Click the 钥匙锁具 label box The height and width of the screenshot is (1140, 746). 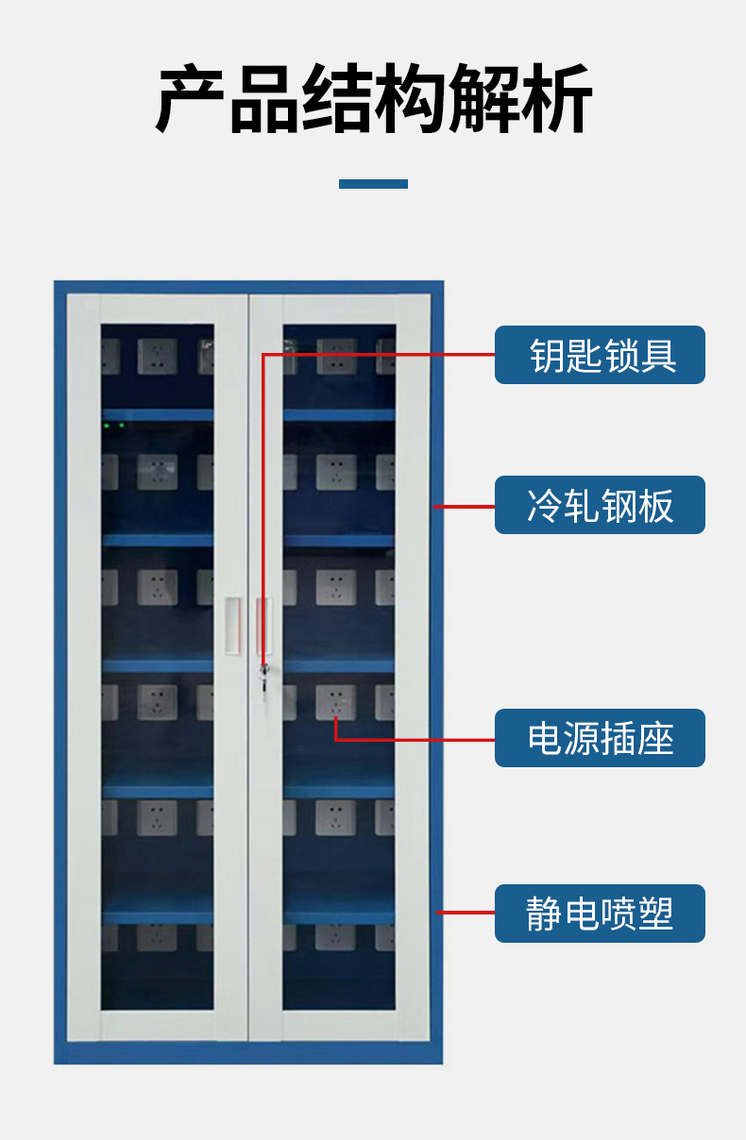[x=600, y=355]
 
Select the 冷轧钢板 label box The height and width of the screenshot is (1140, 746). [x=600, y=505]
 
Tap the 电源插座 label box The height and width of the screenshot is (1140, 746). [x=600, y=738]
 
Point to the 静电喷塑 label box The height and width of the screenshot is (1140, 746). [x=600, y=914]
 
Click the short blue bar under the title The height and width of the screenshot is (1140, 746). [x=373, y=184]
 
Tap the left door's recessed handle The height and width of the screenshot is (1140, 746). [x=233, y=626]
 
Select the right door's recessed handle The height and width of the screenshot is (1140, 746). [x=263, y=626]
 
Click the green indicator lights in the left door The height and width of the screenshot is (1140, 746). [x=114, y=425]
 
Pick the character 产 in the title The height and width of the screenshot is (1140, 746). [x=190, y=98]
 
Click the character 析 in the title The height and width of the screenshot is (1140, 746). [x=556, y=98]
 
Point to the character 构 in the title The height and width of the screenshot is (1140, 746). [x=410, y=98]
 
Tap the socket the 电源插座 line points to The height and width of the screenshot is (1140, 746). [x=335, y=702]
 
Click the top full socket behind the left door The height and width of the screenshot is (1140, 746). [x=158, y=357]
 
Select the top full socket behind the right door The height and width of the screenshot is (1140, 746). [x=336, y=357]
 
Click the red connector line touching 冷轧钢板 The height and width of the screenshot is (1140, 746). [x=464, y=507]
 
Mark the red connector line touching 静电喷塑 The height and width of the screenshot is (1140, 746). [x=466, y=913]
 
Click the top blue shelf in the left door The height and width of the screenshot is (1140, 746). [x=158, y=415]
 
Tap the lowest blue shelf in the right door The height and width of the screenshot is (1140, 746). [x=339, y=916]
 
